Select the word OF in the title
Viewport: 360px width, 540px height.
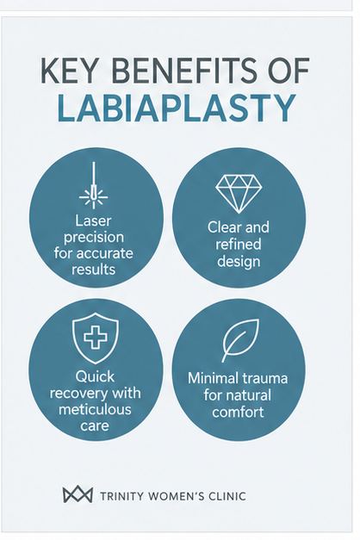click(289, 71)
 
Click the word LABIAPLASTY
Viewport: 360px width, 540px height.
click(177, 109)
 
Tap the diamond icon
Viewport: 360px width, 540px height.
click(239, 194)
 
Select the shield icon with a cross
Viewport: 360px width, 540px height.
click(96, 338)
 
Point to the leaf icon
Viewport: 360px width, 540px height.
click(240, 340)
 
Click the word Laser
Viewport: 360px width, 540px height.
click(93, 220)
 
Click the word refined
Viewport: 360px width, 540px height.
click(239, 245)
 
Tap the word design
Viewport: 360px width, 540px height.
click(239, 262)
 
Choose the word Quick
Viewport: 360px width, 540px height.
click(95, 376)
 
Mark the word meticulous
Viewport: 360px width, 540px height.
click(95, 409)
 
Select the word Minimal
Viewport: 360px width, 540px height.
click(211, 378)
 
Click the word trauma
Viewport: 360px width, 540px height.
click(263, 378)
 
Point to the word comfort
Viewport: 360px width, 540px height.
click(238, 412)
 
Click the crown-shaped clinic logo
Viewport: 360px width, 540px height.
click(78, 494)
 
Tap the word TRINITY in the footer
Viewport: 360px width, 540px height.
click(121, 496)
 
